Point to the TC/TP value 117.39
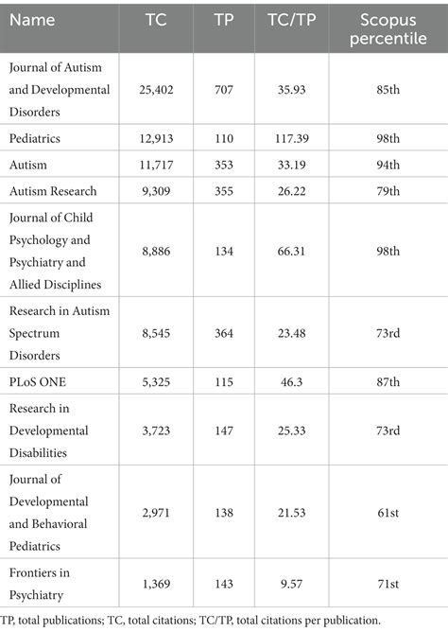point(285,137)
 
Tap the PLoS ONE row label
point(39,379)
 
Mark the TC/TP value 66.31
point(285,251)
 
